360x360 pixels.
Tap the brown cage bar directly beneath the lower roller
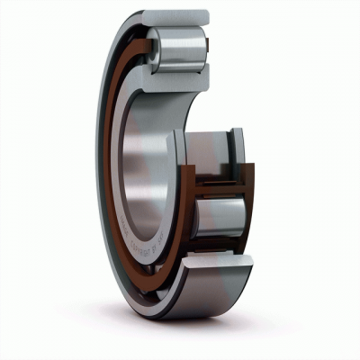pyautogui.click(x=220, y=244)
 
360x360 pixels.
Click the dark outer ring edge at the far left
pyautogui.click(x=99, y=171)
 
